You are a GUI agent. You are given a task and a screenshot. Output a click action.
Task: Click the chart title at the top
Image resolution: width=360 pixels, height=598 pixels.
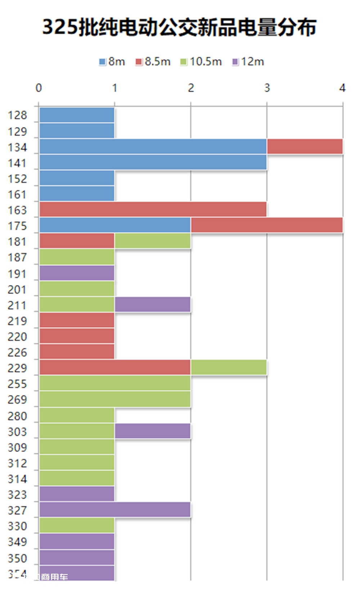[179, 27]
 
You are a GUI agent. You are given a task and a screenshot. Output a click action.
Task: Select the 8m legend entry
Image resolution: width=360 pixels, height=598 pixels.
[112, 62]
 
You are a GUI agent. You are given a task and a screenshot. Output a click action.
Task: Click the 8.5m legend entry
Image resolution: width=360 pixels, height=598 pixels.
[153, 62]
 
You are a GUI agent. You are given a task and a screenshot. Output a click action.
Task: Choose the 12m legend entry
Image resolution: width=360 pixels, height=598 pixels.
[248, 62]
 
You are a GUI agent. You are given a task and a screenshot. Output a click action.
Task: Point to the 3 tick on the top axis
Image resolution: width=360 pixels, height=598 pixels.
[267, 88]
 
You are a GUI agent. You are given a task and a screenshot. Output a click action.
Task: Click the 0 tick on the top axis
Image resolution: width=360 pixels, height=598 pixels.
[39, 88]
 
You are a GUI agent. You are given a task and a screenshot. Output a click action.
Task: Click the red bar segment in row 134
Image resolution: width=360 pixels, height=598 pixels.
[305, 146]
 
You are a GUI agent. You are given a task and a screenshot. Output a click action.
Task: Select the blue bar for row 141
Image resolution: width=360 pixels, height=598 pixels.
[153, 162]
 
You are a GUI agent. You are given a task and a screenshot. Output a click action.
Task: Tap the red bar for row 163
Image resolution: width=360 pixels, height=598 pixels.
[153, 209]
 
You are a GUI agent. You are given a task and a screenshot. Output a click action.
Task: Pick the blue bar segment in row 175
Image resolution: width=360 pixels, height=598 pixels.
[115, 225]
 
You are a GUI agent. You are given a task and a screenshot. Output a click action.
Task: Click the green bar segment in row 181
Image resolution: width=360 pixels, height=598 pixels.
[153, 241]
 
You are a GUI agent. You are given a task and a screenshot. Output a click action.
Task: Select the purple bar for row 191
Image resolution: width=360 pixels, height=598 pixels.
[77, 273]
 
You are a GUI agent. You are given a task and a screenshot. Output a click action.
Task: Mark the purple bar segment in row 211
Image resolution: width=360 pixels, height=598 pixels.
[153, 304]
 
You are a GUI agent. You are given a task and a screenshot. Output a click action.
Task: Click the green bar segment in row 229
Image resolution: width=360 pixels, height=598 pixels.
[229, 367]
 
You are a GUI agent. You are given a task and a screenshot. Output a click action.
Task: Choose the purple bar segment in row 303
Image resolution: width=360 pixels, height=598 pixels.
[153, 431]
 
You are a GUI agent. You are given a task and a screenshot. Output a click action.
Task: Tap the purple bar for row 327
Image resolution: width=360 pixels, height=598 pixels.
[115, 509]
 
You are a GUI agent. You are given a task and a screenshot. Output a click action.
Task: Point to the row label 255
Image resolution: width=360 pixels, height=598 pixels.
[17, 384]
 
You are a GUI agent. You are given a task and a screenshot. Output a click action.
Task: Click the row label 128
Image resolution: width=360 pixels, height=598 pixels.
[17, 115]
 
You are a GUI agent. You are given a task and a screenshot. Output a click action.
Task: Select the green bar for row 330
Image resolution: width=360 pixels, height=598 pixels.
[77, 525]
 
